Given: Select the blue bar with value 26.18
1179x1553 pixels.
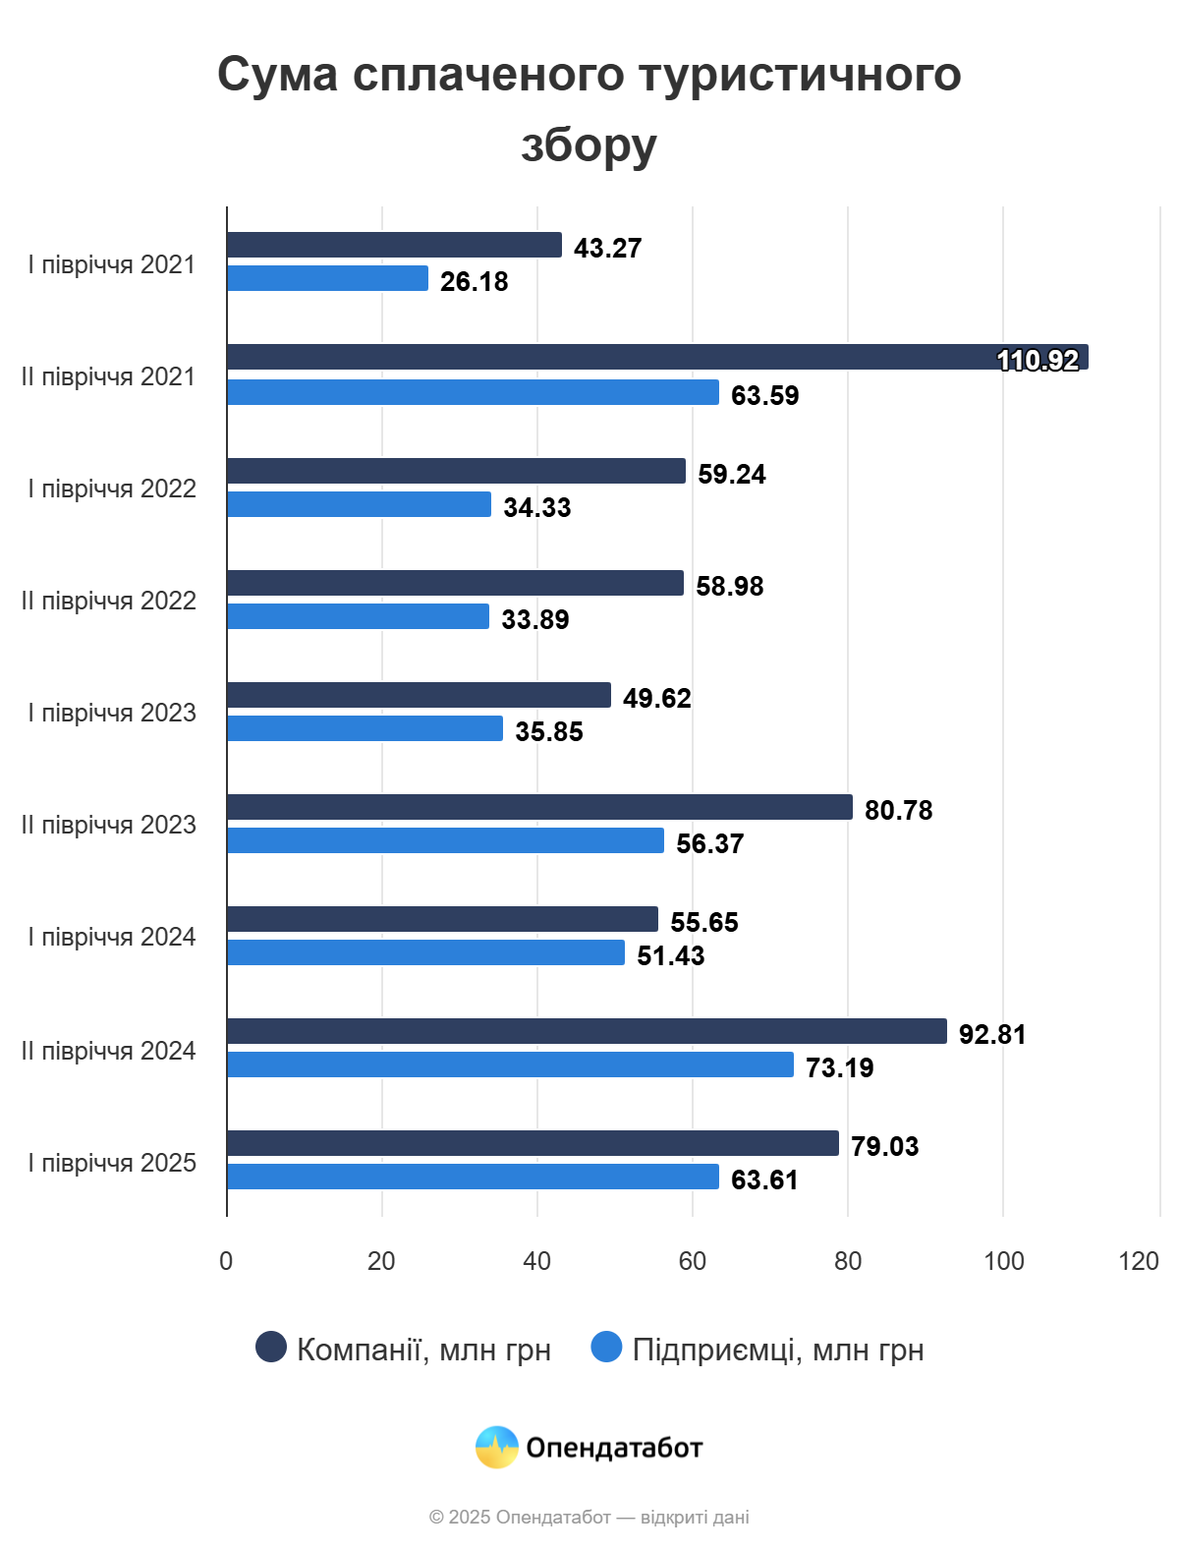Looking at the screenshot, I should click(327, 278).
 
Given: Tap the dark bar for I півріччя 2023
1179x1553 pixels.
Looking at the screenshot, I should click(419, 695).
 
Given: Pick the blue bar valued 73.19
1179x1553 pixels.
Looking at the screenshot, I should click(510, 1064).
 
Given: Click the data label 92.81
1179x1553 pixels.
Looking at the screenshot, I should click(992, 1034).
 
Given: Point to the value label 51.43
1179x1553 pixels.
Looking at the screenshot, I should click(671, 955).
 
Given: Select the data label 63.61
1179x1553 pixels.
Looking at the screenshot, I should click(764, 1179).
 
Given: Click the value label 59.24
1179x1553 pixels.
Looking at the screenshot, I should click(732, 474).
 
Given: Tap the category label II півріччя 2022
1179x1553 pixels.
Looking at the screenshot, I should click(109, 601).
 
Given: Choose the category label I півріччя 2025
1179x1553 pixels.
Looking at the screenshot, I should click(112, 1163).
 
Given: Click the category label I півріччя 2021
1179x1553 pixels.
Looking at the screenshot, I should click(112, 264).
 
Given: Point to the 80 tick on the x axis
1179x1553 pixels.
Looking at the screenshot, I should click(848, 1261).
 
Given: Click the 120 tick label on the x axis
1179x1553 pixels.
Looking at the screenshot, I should click(1139, 1261).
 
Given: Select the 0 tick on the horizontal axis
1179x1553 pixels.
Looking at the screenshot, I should click(226, 1261).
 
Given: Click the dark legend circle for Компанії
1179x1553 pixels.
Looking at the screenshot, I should click(271, 1348).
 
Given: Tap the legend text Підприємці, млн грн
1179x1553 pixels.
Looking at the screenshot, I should click(778, 1350).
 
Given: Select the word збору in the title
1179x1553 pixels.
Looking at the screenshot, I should click(589, 145).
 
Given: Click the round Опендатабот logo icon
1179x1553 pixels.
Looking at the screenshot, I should click(497, 1447).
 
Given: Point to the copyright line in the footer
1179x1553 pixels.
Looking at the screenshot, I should click(589, 1517).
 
